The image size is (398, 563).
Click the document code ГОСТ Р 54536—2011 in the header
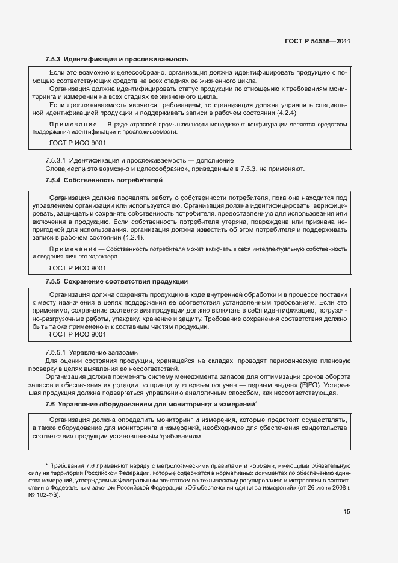tap(317, 42)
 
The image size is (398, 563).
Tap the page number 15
tap(346, 512)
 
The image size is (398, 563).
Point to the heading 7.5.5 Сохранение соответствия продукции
tap(117, 281)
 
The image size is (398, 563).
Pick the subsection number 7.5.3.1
tap(56, 160)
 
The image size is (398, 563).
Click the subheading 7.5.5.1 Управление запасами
tap(92, 352)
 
